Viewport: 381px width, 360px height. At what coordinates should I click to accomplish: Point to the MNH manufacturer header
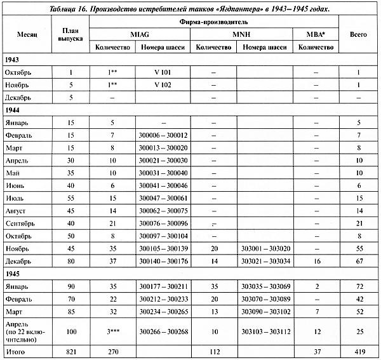click(x=241, y=33)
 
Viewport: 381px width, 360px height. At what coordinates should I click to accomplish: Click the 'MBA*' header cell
click(x=316, y=33)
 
